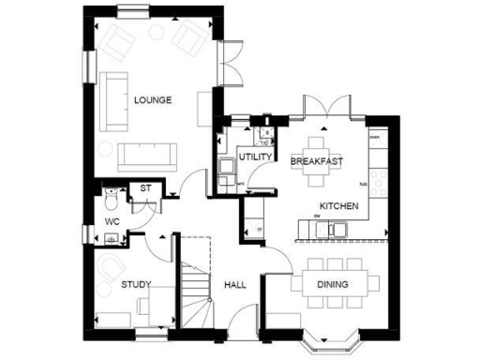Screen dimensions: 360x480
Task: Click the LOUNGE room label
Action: (x=152, y=100)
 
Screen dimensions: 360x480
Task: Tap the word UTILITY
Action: (x=255, y=157)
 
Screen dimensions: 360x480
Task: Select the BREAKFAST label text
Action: (x=316, y=162)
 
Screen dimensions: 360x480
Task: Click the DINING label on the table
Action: (x=332, y=285)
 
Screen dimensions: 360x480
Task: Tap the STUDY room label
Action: (x=136, y=284)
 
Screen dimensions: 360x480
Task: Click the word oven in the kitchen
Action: (x=374, y=138)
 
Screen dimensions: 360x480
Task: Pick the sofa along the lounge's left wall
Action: (x=115, y=99)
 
